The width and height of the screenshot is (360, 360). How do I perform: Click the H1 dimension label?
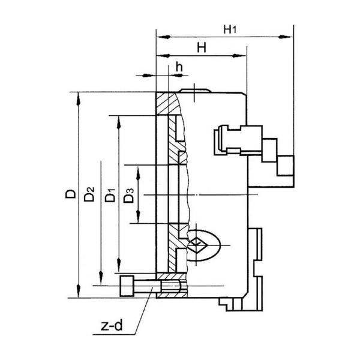click(230, 29)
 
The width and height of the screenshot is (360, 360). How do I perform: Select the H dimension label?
click(202, 48)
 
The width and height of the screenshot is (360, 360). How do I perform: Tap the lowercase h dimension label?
click(179, 67)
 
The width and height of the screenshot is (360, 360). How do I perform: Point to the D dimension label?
click(70, 194)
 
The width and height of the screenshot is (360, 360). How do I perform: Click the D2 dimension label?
click(89, 194)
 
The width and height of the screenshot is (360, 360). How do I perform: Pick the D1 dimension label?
click(110, 195)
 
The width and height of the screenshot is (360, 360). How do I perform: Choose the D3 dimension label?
click(128, 196)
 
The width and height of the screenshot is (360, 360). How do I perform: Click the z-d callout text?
click(112, 325)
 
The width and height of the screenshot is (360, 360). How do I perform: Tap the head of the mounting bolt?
click(127, 286)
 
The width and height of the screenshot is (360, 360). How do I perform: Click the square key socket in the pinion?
click(196, 245)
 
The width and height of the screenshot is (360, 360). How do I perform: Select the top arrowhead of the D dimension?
click(78, 99)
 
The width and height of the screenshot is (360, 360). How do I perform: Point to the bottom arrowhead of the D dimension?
click(78, 291)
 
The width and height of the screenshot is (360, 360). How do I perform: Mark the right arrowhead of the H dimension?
click(239, 56)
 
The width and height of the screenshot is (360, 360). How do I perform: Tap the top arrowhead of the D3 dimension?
click(138, 173)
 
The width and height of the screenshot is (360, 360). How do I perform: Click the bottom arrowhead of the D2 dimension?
click(101, 278)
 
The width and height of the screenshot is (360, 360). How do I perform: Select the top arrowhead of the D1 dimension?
click(119, 122)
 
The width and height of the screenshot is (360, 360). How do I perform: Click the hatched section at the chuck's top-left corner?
click(167, 103)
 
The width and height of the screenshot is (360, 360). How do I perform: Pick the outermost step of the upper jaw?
click(286, 166)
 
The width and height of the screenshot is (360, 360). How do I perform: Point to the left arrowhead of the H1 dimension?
click(163, 37)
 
